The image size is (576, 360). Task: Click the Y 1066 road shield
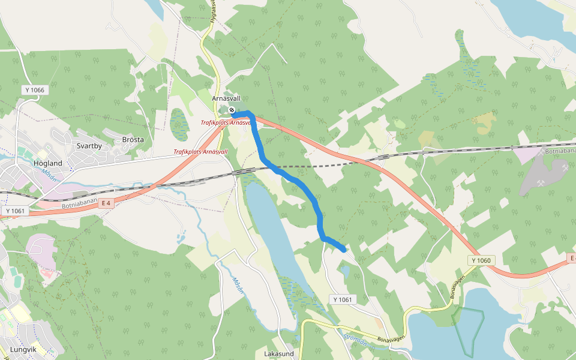35,90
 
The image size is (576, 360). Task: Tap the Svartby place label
89,146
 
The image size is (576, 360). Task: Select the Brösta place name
133,140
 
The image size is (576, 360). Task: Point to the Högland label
48,163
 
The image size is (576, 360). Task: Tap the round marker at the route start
232,110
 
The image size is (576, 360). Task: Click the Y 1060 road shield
481,260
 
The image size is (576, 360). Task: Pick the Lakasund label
278,354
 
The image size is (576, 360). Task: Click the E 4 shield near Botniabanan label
106,203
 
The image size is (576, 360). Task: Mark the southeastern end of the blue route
344,250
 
